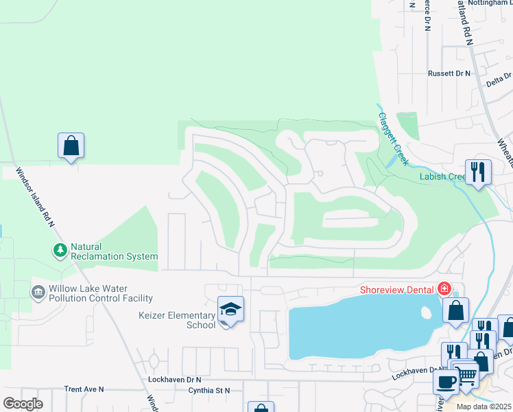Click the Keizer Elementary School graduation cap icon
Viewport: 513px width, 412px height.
click(x=231, y=310)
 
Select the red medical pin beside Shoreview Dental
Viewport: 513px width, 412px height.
click(x=444, y=288)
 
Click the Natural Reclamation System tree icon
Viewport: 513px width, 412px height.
click(x=60, y=251)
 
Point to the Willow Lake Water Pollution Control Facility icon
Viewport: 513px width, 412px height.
click(x=38, y=293)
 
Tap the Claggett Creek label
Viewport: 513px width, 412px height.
click(x=392, y=137)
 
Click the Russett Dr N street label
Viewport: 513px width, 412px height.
click(x=449, y=73)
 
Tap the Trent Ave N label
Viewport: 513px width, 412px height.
click(x=84, y=389)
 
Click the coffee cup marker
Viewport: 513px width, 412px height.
click(x=446, y=382)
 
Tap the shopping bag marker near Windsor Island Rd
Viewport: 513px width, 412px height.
click(x=71, y=146)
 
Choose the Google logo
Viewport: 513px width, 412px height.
click(x=23, y=404)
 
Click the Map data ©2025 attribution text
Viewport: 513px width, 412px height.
click(x=483, y=407)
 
